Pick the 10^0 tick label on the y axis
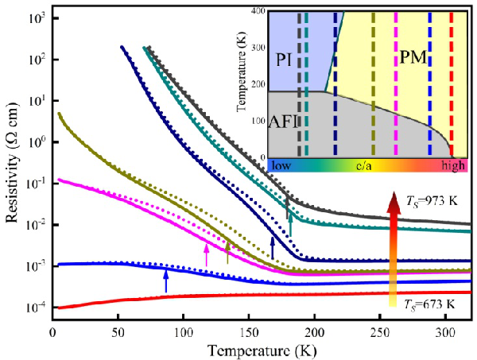point(35,142)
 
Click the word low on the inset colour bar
point(280,167)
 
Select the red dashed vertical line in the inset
point(452,83)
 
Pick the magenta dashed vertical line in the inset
point(396,83)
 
